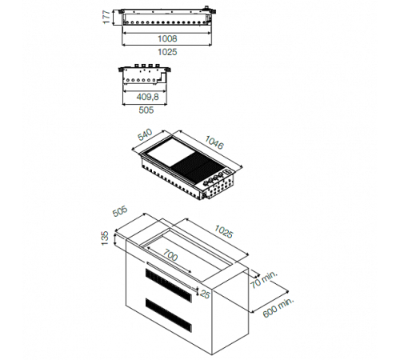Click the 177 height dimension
coord(106,17)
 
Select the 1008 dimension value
coord(167,38)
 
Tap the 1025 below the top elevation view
coord(167,52)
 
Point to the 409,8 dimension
coord(147,97)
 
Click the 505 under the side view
coord(146,110)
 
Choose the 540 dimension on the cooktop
coord(145,134)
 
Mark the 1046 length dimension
coord(214,142)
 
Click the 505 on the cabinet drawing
coord(120,211)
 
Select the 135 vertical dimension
coord(105,238)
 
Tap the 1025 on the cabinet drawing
coord(224,231)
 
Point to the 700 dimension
coord(170,254)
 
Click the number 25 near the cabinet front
coord(205,294)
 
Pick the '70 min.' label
coord(264,279)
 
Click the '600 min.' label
coord(278,307)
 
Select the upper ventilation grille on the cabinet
coord(169,285)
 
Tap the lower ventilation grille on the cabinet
coord(169,315)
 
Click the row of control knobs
coord(214,178)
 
